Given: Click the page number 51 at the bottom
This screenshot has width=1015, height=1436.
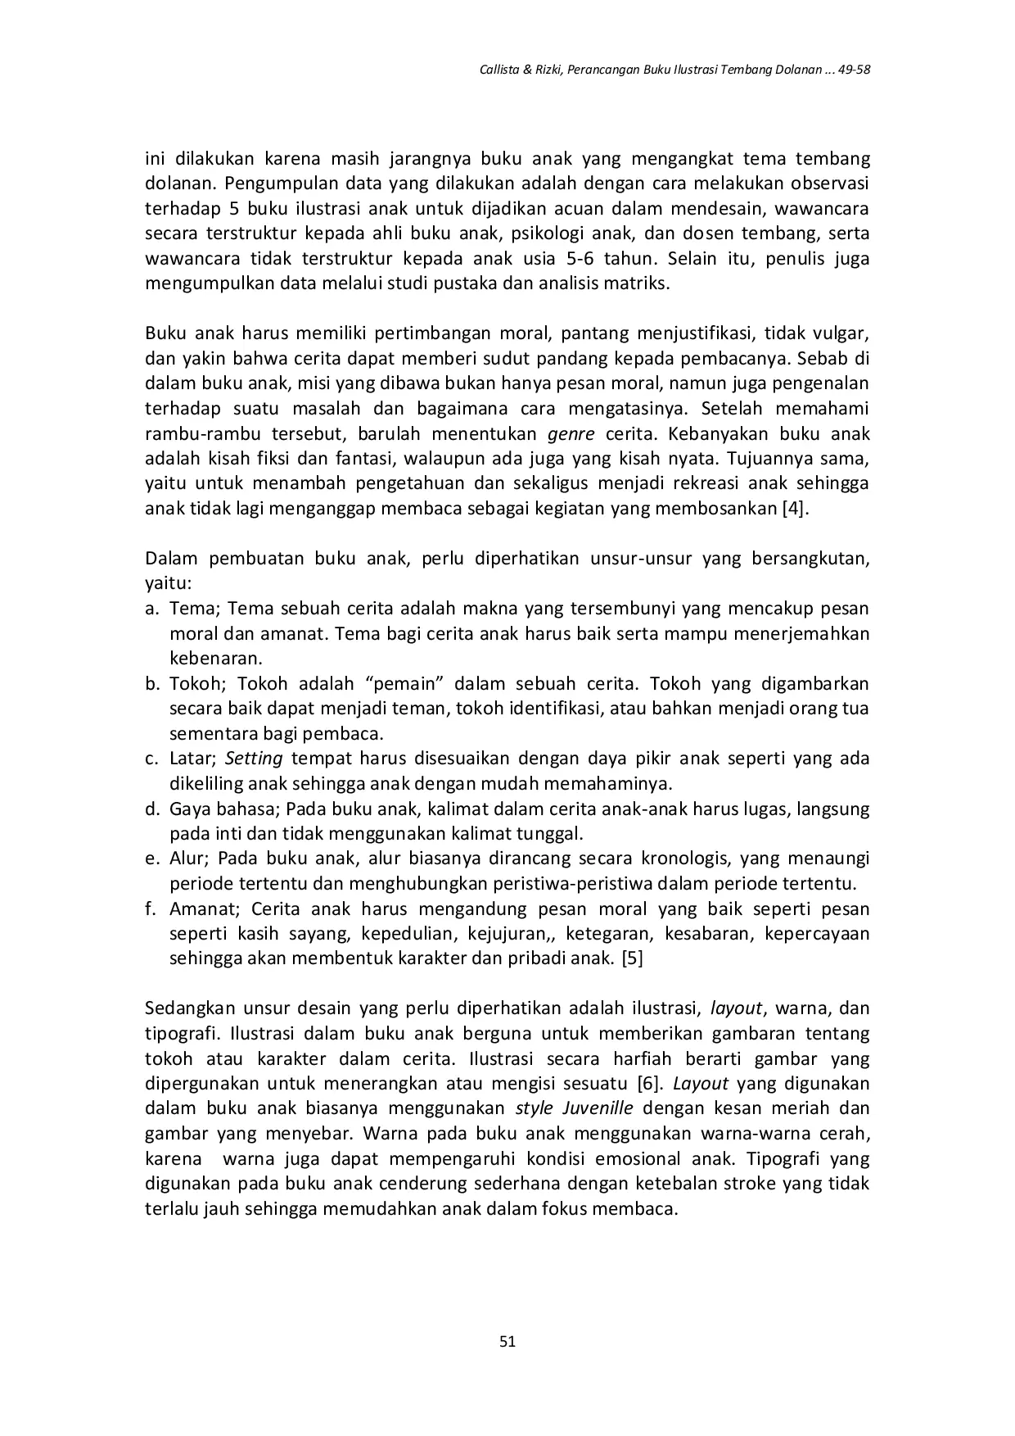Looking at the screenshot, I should (x=507, y=1341).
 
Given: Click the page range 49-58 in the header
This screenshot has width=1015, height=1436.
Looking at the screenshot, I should (x=851, y=70).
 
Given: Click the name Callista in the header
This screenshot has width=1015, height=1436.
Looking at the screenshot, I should (x=497, y=70).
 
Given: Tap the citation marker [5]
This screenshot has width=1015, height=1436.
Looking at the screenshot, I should (x=632, y=958).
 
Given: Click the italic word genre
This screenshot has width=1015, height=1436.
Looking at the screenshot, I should (x=570, y=433).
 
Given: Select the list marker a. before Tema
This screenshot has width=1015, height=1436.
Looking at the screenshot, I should (x=151, y=609).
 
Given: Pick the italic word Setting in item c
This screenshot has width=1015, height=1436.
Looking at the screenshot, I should (x=254, y=759).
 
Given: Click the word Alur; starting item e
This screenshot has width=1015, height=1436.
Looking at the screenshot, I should (x=190, y=859).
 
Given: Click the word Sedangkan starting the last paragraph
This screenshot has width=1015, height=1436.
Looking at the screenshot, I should (x=187, y=1008).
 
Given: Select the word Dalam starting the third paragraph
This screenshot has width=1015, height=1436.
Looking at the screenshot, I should (x=171, y=559).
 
